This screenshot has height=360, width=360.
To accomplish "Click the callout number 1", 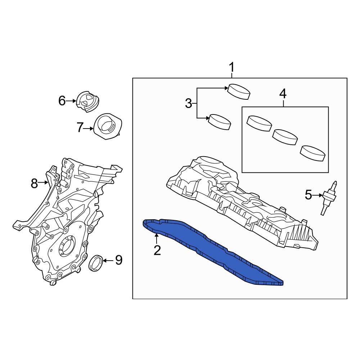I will coord(232,67).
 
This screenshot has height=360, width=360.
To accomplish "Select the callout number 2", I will coord(157,250).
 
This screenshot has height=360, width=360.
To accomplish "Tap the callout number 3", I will coord(189,104).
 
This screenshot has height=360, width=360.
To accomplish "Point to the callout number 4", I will coord(283,94).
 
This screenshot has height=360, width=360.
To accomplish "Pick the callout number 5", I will coord(309,195).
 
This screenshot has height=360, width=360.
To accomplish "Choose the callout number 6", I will coord(62,101).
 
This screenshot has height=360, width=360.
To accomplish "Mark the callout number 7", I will coord(80,127).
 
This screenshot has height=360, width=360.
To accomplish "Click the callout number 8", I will coord(34,184).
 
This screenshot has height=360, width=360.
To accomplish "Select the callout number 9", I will coord(118,260).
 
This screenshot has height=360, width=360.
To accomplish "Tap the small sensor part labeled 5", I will coord(328,198).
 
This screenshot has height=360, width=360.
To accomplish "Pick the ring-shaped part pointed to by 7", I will coord(107,127).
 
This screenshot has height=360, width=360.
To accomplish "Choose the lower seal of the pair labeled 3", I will coord(220,121).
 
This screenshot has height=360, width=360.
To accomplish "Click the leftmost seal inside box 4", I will coord(259,123).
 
